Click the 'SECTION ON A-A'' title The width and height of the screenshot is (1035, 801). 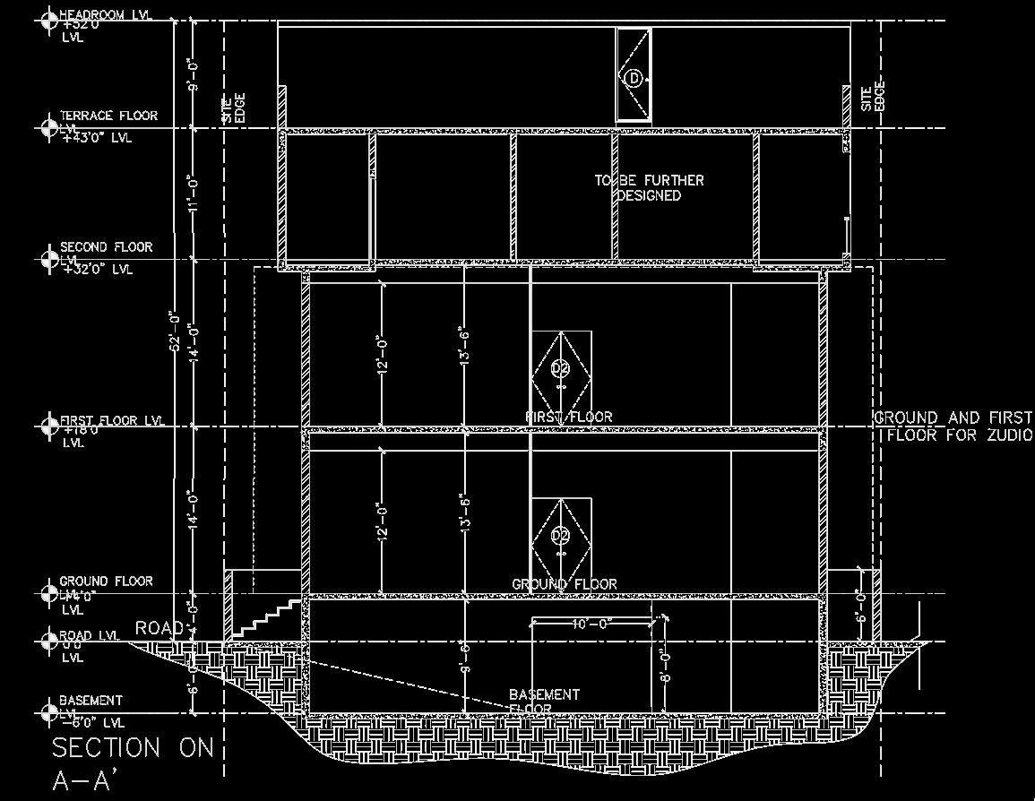[133, 762]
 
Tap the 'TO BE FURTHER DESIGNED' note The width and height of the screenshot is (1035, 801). [650, 187]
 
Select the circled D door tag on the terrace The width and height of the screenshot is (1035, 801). [634, 79]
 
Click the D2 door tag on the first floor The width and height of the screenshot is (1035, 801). [561, 368]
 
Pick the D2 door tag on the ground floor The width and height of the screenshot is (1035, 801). [561, 536]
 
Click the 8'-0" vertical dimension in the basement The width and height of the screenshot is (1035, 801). [665, 667]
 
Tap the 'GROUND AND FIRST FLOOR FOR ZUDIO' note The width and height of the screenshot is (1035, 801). [953, 426]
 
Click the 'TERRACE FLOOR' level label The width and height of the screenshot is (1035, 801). [108, 116]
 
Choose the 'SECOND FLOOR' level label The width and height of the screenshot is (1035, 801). [107, 246]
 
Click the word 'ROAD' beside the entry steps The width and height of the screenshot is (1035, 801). [160, 628]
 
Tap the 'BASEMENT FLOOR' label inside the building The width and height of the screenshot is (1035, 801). [544, 701]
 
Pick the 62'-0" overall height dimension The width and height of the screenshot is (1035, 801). [176, 332]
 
